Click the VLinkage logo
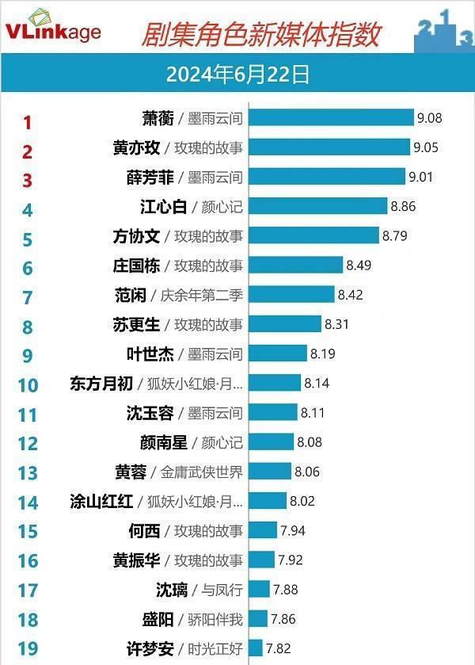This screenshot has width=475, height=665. (x=54, y=29)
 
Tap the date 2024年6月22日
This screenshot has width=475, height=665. (x=237, y=75)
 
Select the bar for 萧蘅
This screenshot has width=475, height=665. (x=331, y=119)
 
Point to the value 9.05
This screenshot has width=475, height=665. (x=425, y=147)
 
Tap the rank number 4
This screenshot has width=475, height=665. (x=28, y=210)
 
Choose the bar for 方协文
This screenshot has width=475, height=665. (x=314, y=235)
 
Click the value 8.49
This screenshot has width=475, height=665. (x=359, y=265)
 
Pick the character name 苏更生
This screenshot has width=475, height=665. (x=137, y=324)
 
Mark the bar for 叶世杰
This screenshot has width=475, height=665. (x=278, y=354)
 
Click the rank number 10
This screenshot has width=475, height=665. (x=28, y=385)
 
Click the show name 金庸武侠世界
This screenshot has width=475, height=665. (x=201, y=472)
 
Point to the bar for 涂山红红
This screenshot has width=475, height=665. (x=268, y=500)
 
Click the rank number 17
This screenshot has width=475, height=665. (x=28, y=590)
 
